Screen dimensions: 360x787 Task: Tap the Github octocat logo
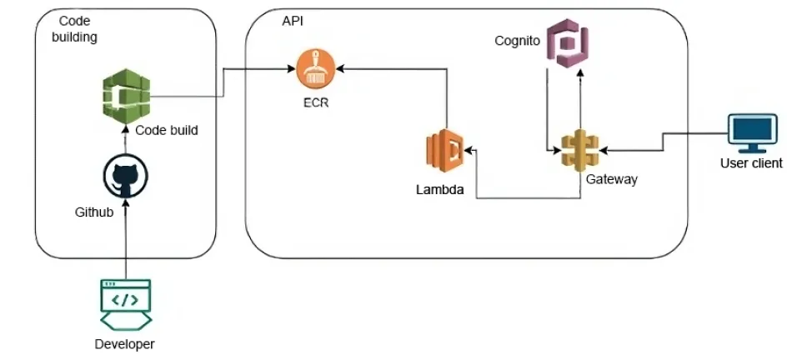(x=125, y=175)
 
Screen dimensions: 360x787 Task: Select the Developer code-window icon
(x=125, y=305)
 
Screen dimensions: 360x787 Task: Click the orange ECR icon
(x=316, y=68)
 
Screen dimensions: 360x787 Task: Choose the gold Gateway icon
(x=580, y=151)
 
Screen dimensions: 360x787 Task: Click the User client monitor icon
(x=751, y=133)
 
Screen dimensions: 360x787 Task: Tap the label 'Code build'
(x=167, y=131)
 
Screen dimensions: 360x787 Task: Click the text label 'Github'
(x=93, y=213)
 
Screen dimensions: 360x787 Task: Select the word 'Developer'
(x=125, y=344)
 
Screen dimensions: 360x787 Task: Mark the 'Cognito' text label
(x=517, y=40)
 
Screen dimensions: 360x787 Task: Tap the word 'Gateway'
(x=611, y=179)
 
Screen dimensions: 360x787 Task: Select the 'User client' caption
(x=751, y=163)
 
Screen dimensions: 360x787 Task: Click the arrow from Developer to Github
(x=125, y=242)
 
